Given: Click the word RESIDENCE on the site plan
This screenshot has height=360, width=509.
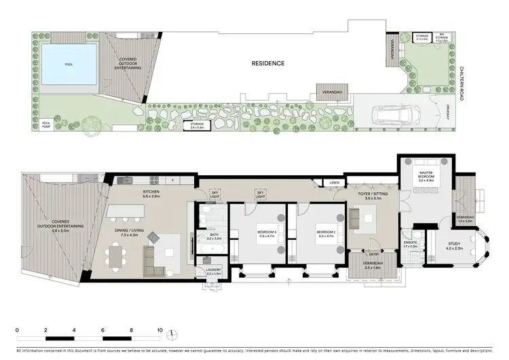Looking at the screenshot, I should (x=267, y=63).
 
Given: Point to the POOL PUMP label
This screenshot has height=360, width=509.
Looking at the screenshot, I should (x=46, y=124).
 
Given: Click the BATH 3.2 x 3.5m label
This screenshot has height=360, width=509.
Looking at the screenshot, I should (x=213, y=236).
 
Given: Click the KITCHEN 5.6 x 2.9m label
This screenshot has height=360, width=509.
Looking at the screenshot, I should (x=152, y=195).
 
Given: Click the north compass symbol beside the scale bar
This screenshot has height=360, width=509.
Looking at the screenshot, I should (x=174, y=334).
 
